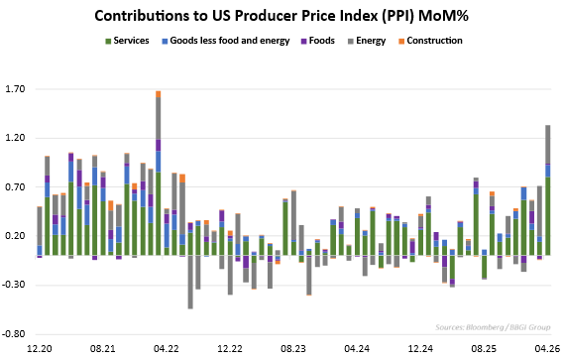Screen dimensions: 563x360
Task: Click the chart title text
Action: [x=281, y=16]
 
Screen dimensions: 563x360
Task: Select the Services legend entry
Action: [x=127, y=41]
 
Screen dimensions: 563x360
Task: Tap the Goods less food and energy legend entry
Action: [x=226, y=41]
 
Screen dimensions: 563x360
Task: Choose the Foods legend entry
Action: [x=317, y=41]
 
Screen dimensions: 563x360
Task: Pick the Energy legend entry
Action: [x=367, y=41]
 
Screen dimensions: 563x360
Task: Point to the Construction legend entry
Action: [x=430, y=41]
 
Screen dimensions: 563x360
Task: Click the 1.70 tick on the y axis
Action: [x=15, y=89]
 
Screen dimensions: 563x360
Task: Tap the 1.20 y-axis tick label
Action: [x=15, y=138]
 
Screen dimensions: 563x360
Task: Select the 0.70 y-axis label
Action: [x=15, y=187]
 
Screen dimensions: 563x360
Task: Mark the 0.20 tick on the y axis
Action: [x=15, y=236]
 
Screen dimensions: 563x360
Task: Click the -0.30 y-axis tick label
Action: [x=14, y=285]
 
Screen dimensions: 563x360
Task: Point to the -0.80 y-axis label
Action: [x=14, y=334]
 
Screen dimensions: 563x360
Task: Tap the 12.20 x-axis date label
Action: [x=39, y=348]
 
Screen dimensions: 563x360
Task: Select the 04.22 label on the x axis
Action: [x=167, y=348]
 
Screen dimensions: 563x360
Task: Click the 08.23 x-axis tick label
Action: [x=293, y=348]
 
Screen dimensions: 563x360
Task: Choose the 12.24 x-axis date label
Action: [x=420, y=348]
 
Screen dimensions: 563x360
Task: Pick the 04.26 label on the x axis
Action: [x=547, y=348]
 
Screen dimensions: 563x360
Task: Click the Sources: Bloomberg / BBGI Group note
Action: [x=493, y=327]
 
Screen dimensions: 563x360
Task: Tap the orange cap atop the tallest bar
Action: [x=158, y=94]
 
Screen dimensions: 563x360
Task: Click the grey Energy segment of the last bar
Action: [x=547, y=145]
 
